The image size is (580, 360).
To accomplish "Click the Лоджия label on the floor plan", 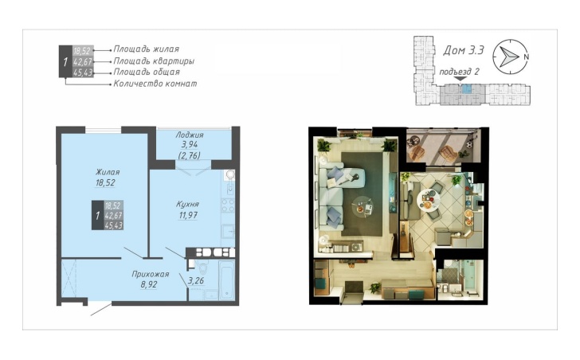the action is click(x=190, y=135).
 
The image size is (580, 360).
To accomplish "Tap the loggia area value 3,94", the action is click(x=190, y=144).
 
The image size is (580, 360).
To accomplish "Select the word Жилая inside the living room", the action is click(x=108, y=172).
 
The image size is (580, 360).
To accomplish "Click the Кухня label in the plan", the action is click(x=187, y=204).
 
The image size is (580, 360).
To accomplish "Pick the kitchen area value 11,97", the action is click(x=188, y=215).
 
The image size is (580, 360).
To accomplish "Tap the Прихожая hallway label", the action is click(x=150, y=274).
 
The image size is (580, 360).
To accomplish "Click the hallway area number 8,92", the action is click(x=149, y=284).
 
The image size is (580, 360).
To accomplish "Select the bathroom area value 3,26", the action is click(x=196, y=281).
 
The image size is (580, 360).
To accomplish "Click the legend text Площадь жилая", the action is click(x=146, y=49).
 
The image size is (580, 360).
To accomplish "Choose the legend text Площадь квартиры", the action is click(x=154, y=61).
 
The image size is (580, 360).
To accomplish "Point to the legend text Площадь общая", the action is click(x=147, y=72).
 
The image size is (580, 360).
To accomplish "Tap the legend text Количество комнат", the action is click(x=155, y=84).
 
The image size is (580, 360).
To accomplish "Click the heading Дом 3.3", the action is click(x=464, y=50).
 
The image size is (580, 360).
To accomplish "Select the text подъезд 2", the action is click(x=459, y=72).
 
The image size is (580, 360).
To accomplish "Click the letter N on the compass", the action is click(x=526, y=57).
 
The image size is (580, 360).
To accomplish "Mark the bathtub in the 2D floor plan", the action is click(x=226, y=280).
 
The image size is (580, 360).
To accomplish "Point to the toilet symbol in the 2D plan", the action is click(x=202, y=267).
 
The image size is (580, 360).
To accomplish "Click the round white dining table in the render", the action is click(x=429, y=201).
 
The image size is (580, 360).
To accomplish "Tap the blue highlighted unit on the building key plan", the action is click(x=468, y=88).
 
